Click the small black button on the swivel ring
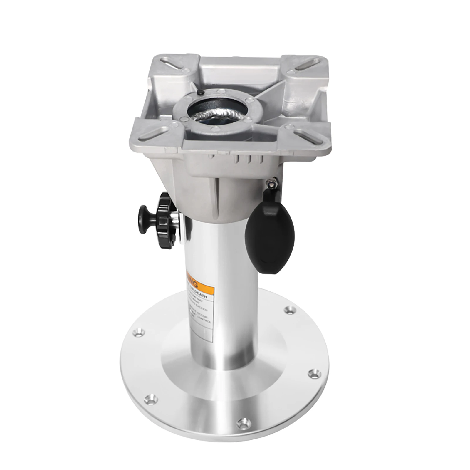(x=200, y=93)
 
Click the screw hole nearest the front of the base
(x=242, y=423)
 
